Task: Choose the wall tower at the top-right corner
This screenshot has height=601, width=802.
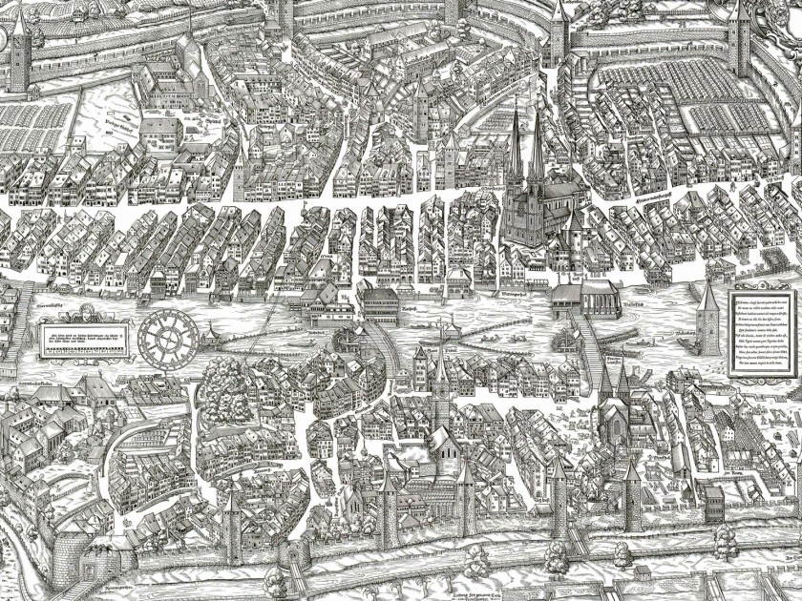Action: (740, 38)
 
